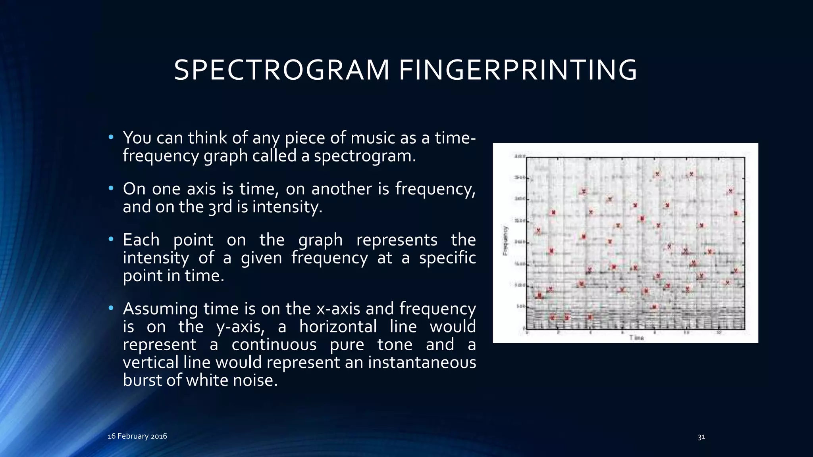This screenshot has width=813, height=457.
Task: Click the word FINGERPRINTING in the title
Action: tap(518, 70)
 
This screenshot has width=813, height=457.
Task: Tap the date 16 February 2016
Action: tap(137, 436)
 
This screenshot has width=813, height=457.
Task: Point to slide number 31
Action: tap(701, 437)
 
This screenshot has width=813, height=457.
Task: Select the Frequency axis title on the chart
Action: tap(505, 240)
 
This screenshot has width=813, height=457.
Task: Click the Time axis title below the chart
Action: tap(636, 338)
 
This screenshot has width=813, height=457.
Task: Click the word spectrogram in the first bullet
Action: tap(364, 156)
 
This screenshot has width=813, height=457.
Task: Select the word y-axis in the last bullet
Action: tap(241, 326)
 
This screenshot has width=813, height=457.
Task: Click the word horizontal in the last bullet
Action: tap(338, 326)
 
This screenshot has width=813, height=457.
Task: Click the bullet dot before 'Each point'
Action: tap(111, 239)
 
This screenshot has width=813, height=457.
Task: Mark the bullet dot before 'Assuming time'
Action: tap(111, 308)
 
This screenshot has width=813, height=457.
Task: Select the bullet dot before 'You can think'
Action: tap(111, 137)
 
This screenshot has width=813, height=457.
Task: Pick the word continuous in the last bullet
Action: tap(274, 344)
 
